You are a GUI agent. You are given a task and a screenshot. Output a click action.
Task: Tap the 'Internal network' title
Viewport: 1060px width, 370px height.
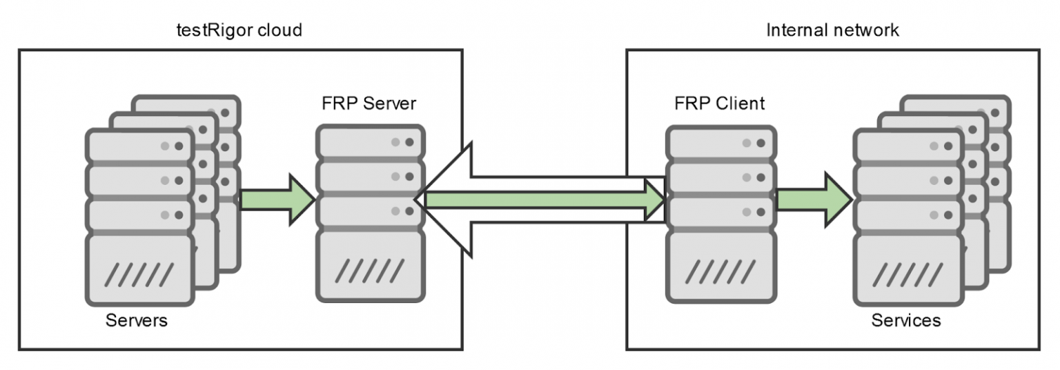pos(832,30)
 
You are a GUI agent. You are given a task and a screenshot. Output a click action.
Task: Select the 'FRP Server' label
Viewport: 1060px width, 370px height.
pos(369,104)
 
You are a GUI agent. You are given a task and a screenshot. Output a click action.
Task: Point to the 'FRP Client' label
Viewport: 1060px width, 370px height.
pos(719,104)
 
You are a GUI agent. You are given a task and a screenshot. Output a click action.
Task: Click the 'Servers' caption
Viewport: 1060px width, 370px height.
pos(137,320)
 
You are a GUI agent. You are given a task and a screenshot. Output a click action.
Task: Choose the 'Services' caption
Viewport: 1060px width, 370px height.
pos(905,320)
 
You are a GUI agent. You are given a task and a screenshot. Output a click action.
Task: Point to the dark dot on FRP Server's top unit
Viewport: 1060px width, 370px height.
pos(409,143)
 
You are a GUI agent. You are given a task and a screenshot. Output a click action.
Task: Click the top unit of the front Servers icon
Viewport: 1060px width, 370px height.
pos(139,146)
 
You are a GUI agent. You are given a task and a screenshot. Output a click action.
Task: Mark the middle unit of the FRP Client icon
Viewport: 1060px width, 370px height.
pos(719,178)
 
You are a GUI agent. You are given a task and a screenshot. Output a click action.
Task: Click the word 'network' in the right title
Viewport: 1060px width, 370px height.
pos(867,30)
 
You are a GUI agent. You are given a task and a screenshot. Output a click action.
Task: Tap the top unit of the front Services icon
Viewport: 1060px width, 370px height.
pos(907,146)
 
